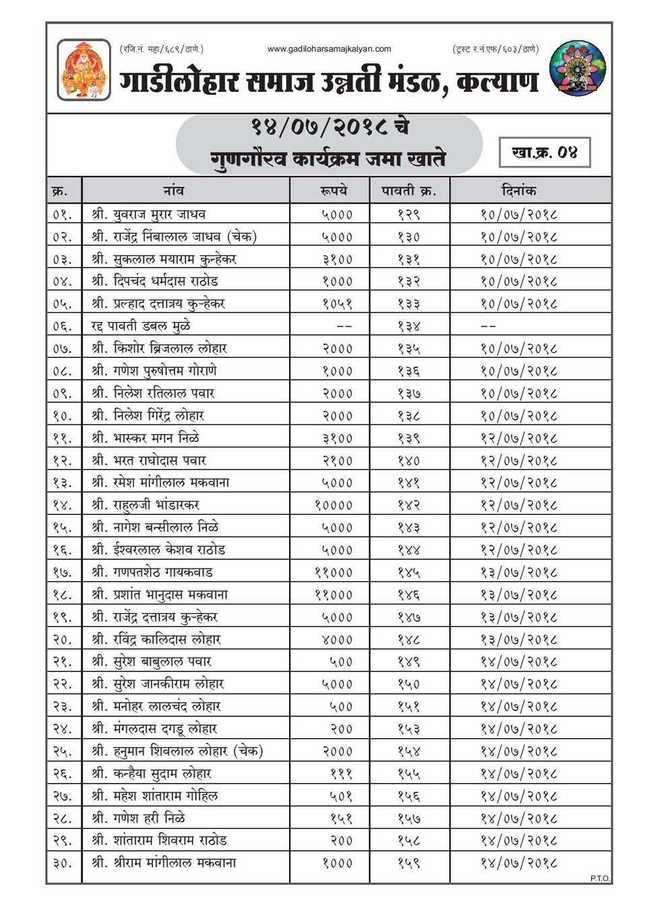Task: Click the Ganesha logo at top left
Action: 84,69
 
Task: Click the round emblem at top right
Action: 578,69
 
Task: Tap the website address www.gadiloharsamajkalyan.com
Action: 329,49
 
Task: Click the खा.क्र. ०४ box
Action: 545,152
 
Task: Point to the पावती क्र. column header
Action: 409,191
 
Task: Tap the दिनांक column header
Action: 519,191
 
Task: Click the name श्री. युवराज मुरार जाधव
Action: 149,214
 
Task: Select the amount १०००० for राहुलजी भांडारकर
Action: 334,505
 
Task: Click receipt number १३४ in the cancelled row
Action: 409,326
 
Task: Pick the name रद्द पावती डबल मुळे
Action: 141,326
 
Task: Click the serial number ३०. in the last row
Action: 62,862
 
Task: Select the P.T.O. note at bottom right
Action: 600,878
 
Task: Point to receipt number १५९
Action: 409,862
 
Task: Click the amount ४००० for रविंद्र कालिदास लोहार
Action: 337,639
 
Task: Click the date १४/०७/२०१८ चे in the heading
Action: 330,127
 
